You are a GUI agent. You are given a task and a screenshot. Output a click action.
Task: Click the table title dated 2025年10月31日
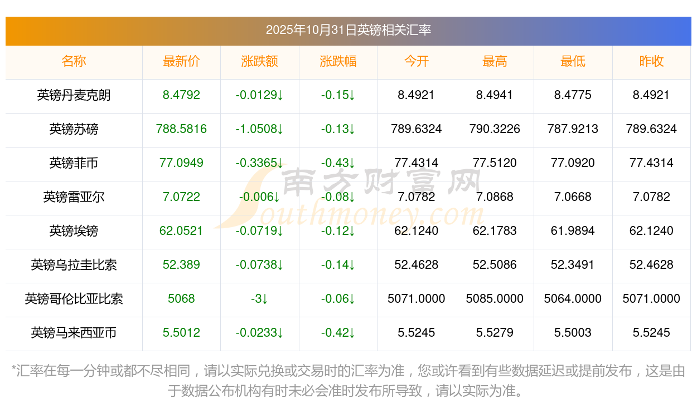[348, 30]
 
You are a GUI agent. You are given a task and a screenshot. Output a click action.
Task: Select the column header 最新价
[181, 62]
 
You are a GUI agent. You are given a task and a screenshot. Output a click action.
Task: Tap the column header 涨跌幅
[338, 62]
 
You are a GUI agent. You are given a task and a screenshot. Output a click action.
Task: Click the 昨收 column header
[651, 62]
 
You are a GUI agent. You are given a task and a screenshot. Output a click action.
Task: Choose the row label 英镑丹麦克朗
[74, 95]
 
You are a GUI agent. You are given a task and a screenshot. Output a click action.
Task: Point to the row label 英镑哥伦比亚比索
[74, 299]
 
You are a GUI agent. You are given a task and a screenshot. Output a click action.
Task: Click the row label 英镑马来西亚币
[74, 333]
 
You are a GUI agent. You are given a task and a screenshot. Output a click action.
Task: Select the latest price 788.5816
[181, 129]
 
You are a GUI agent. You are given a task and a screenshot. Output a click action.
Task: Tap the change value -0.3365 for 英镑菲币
[259, 163]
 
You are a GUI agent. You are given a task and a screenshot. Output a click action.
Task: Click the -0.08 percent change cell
[338, 197]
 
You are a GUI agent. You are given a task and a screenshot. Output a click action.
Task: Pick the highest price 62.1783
[495, 231]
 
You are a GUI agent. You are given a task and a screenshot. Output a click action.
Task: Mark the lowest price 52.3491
[573, 265]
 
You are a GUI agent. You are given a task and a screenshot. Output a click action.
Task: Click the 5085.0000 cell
[495, 299]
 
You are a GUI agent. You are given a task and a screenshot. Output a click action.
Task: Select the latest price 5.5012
[181, 333]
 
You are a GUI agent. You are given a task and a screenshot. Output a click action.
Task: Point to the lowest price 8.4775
[573, 95]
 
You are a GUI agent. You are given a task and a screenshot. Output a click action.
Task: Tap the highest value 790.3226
[495, 129]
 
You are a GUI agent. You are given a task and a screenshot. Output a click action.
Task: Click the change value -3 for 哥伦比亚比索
[259, 299]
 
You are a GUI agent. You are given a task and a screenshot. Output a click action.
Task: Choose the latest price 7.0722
[181, 197]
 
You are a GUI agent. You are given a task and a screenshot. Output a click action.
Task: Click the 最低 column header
[573, 62]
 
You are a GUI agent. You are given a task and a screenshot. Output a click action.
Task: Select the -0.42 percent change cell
[338, 333]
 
